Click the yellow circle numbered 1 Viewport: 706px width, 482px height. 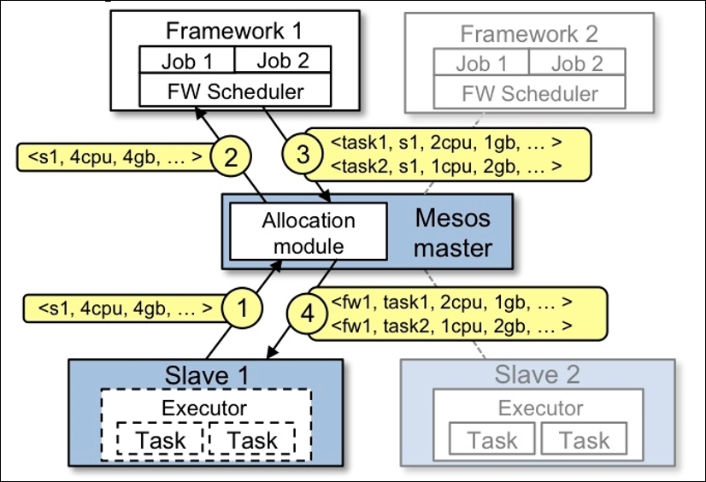tap(242, 309)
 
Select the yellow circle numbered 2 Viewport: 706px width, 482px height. tap(231, 156)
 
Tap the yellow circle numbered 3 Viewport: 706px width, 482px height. tap(303, 154)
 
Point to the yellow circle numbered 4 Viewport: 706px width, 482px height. tap(307, 314)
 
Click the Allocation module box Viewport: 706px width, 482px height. tap(309, 232)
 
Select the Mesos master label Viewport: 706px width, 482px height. tap(452, 233)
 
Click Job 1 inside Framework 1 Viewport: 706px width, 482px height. tap(187, 60)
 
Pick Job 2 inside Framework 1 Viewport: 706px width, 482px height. tap(283, 60)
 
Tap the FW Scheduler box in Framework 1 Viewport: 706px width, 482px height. tap(235, 90)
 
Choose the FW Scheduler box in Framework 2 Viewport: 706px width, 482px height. tap(530, 92)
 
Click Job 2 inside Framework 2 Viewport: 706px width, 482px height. tap(577, 62)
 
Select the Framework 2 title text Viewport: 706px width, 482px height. tap(529, 33)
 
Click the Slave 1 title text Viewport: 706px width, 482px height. tap(207, 375)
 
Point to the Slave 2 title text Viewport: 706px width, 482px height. tap(537, 374)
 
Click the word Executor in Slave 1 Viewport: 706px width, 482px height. tap(204, 409)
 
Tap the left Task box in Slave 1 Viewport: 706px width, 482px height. tap(161, 438)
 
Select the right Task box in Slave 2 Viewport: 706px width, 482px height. tap(584, 438)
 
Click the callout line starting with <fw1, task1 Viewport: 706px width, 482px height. tap(451, 302)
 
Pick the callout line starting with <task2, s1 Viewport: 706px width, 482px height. tap(446, 166)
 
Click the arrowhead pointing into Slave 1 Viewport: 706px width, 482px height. tap(273, 352)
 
